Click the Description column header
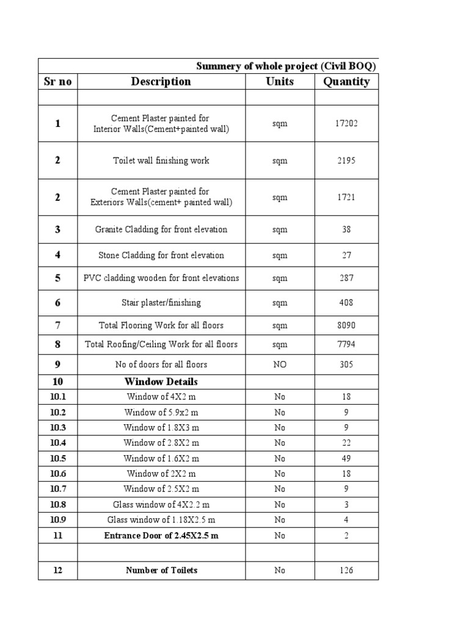[x=161, y=82]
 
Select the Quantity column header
[x=346, y=82]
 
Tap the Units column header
[x=280, y=82]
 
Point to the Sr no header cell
[x=57, y=82]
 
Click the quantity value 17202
[x=346, y=124]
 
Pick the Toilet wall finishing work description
[x=161, y=161]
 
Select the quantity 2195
[x=346, y=161]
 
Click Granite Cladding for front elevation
[x=161, y=229]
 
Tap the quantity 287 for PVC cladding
[x=346, y=278]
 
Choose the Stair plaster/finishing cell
[x=161, y=303]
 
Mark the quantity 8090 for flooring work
[x=346, y=325]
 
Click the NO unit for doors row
[x=280, y=364]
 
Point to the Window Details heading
[x=161, y=382]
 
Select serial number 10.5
[x=57, y=458]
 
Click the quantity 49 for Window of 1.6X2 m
[x=346, y=458]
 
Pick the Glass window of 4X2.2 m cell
[x=161, y=505]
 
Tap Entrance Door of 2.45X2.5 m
[x=161, y=535]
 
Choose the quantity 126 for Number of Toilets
[x=346, y=571]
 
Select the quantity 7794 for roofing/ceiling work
[x=346, y=344]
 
